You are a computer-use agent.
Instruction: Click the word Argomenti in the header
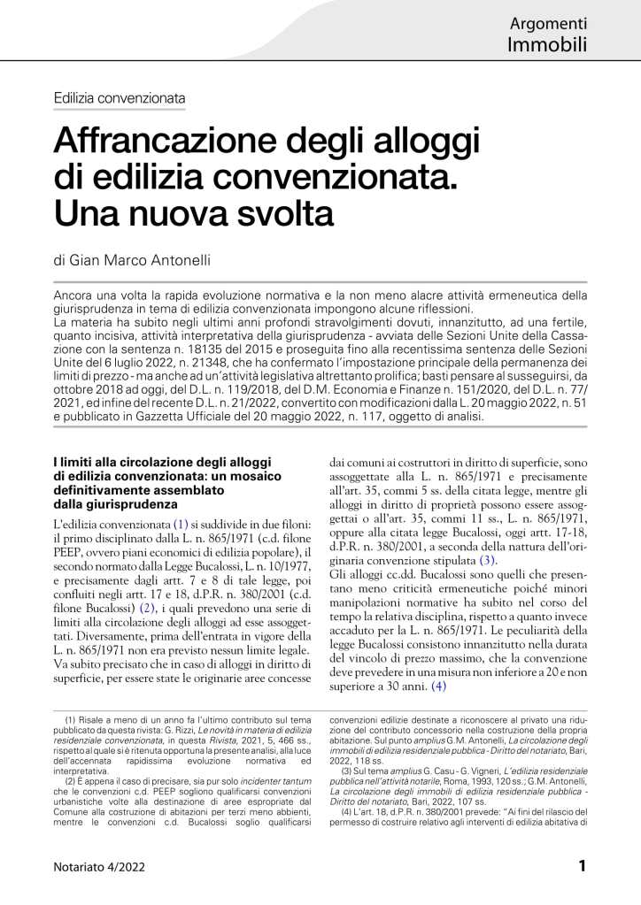(x=550, y=23)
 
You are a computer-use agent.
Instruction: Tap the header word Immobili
(x=547, y=44)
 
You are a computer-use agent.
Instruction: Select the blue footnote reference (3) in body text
(x=488, y=561)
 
